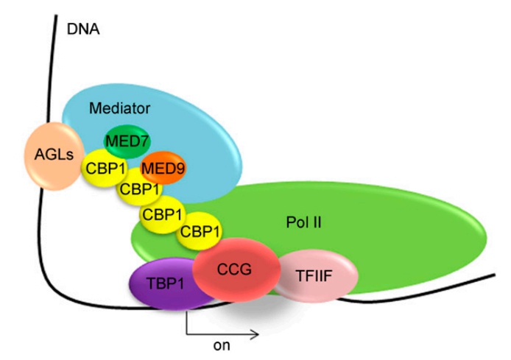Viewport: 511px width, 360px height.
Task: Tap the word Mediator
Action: click(x=119, y=108)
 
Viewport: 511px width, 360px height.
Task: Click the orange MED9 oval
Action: click(x=163, y=169)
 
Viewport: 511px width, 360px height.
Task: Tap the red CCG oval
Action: click(x=236, y=269)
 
